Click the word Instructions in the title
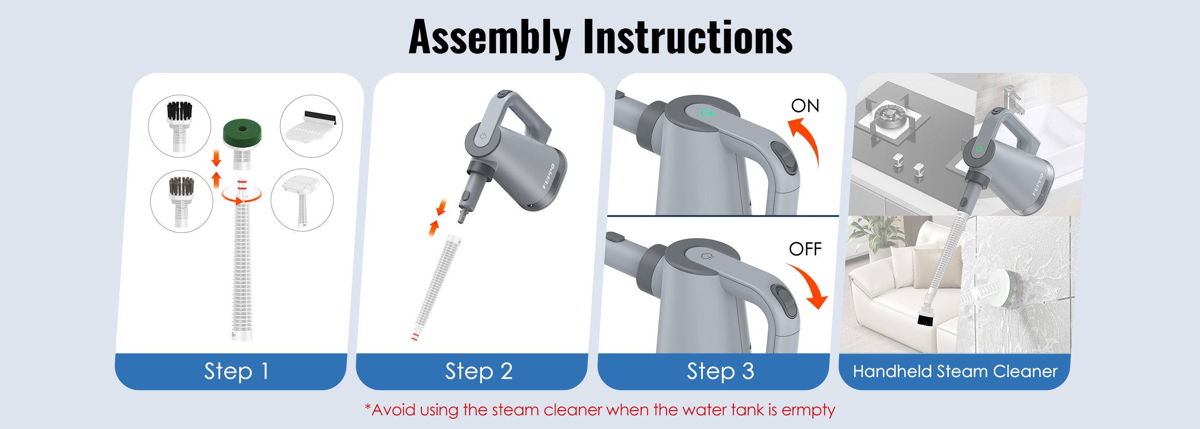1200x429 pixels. pyautogui.click(x=687, y=37)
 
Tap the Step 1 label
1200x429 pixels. pyautogui.click(x=236, y=371)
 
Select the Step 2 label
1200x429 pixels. pyautogui.click(x=479, y=371)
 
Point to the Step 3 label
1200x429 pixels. pyautogui.click(x=720, y=371)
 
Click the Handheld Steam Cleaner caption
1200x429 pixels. pyautogui.click(x=955, y=371)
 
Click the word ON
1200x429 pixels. pyautogui.click(x=805, y=106)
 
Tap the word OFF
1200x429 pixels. pyautogui.click(x=805, y=250)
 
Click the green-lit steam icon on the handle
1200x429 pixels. pyautogui.click(x=707, y=113)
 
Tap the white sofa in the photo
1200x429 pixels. pyautogui.click(x=904, y=289)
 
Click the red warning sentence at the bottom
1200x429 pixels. pyautogui.click(x=600, y=410)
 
